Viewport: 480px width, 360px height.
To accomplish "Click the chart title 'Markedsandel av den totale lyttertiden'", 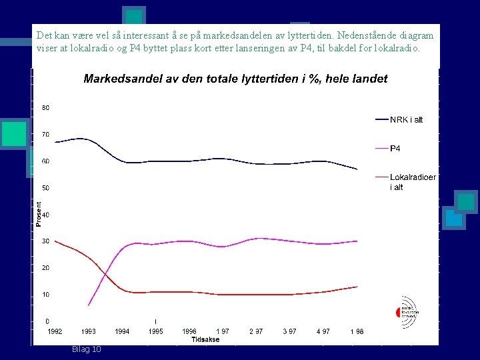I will pyautogui.click(x=235, y=79).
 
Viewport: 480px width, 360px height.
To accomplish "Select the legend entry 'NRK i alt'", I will pyautogui.click(x=406, y=120).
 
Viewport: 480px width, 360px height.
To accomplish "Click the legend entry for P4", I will pyautogui.click(x=395, y=148).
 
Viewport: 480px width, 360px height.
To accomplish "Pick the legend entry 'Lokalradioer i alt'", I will pyautogui.click(x=413, y=182).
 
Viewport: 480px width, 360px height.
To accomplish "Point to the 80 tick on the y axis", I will pyautogui.click(x=45, y=108).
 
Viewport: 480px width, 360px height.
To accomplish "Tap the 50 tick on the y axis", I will pyautogui.click(x=45, y=188).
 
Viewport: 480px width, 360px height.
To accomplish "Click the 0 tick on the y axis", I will pyautogui.click(x=47, y=321).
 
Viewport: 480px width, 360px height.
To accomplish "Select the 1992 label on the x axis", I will pyautogui.click(x=55, y=331).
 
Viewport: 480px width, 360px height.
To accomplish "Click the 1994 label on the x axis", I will pyautogui.click(x=122, y=331).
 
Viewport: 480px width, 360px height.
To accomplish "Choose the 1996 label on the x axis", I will pyautogui.click(x=189, y=331).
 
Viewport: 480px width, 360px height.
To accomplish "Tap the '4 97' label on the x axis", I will pyautogui.click(x=323, y=331).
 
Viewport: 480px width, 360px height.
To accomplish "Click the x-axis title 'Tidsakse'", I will pyautogui.click(x=205, y=339).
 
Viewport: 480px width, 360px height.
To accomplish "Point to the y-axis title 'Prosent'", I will pyautogui.click(x=39, y=215).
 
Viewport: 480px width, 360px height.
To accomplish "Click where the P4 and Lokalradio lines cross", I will pyautogui.click(x=105, y=274).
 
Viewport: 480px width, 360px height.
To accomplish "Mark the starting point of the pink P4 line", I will pyautogui.click(x=88, y=305).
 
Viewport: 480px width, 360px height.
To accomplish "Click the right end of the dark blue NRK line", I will pyautogui.click(x=357, y=169).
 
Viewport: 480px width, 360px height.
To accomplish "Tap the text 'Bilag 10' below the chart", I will pyautogui.click(x=87, y=349).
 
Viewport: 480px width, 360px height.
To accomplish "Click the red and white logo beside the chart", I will pyautogui.click(x=407, y=307).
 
